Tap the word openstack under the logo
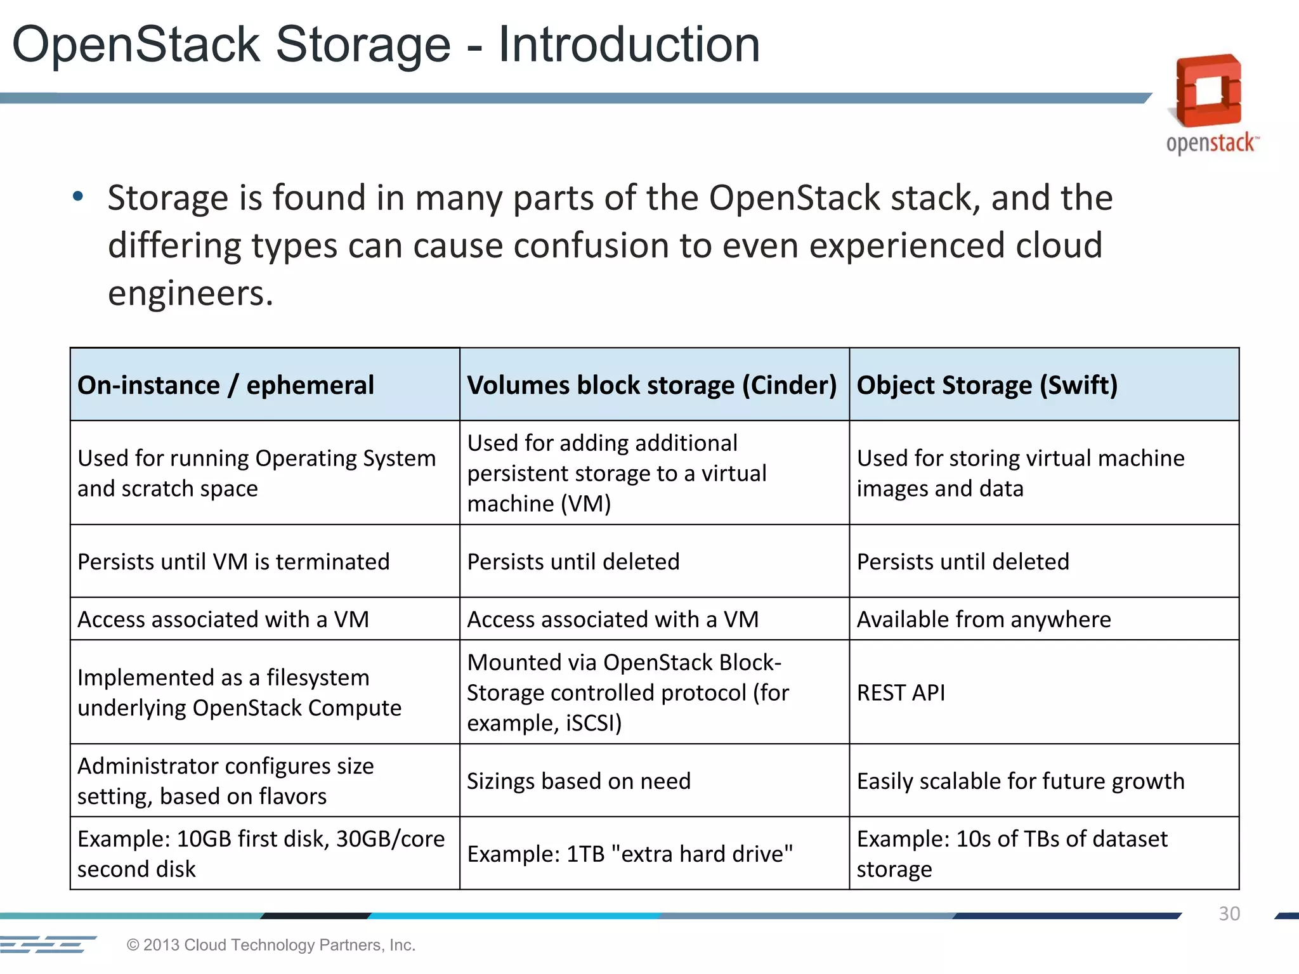1210,143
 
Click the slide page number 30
1229,914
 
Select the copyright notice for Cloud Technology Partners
271,945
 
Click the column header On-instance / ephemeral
226,385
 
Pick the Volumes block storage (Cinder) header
651,385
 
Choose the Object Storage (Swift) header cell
987,385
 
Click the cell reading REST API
901,692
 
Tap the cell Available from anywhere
984,619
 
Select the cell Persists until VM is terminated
233,562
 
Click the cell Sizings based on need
578,781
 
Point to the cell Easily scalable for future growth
1020,781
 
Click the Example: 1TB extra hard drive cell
629,854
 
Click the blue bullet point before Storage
77,196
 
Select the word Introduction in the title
629,44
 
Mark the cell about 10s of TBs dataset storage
1012,854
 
